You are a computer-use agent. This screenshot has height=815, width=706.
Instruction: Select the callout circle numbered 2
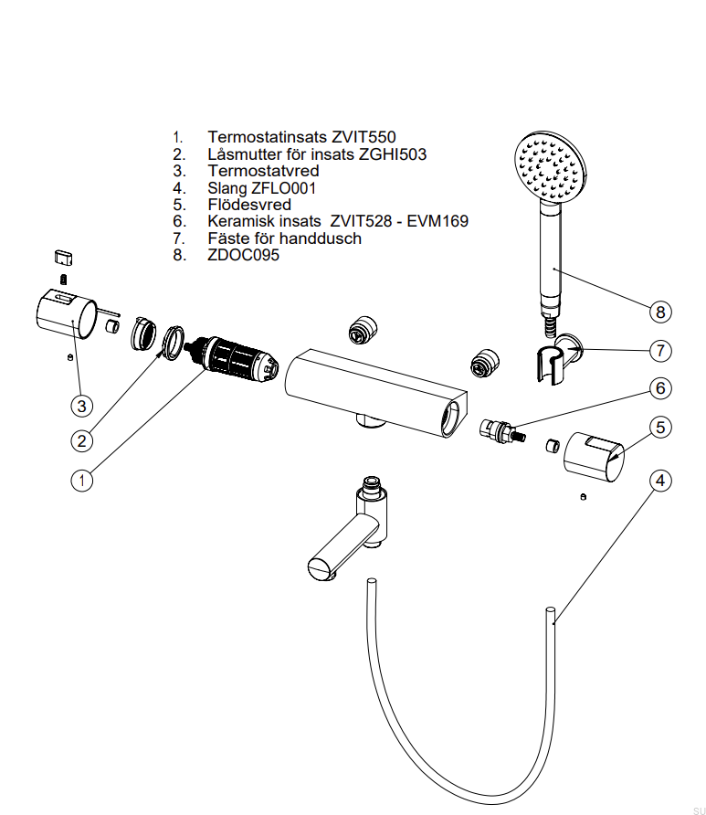[x=82, y=440]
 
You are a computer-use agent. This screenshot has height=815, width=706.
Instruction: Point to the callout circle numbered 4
[x=660, y=480]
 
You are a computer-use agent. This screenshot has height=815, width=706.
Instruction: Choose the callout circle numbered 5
[x=660, y=427]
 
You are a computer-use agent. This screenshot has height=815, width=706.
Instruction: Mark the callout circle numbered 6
[x=660, y=388]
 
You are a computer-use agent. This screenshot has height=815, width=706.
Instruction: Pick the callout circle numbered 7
[x=660, y=350]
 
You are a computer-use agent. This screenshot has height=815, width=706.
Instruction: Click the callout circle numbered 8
[x=660, y=312]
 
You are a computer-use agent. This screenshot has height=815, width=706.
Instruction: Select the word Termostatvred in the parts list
[x=263, y=171]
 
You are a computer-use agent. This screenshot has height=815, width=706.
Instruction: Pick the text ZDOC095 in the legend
[x=243, y=255]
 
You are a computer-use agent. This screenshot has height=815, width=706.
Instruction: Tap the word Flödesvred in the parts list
[x=249, y=205]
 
